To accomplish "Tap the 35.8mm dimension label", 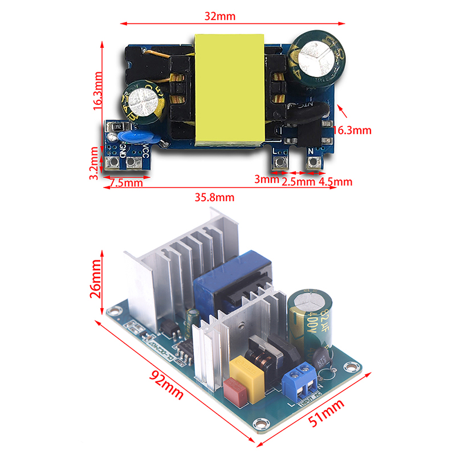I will (x=215, y=198).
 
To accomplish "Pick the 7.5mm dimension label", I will (x=127, y=183).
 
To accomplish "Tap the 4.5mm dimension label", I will (x=336, y=182).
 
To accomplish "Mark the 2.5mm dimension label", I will (x=299, y=182).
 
